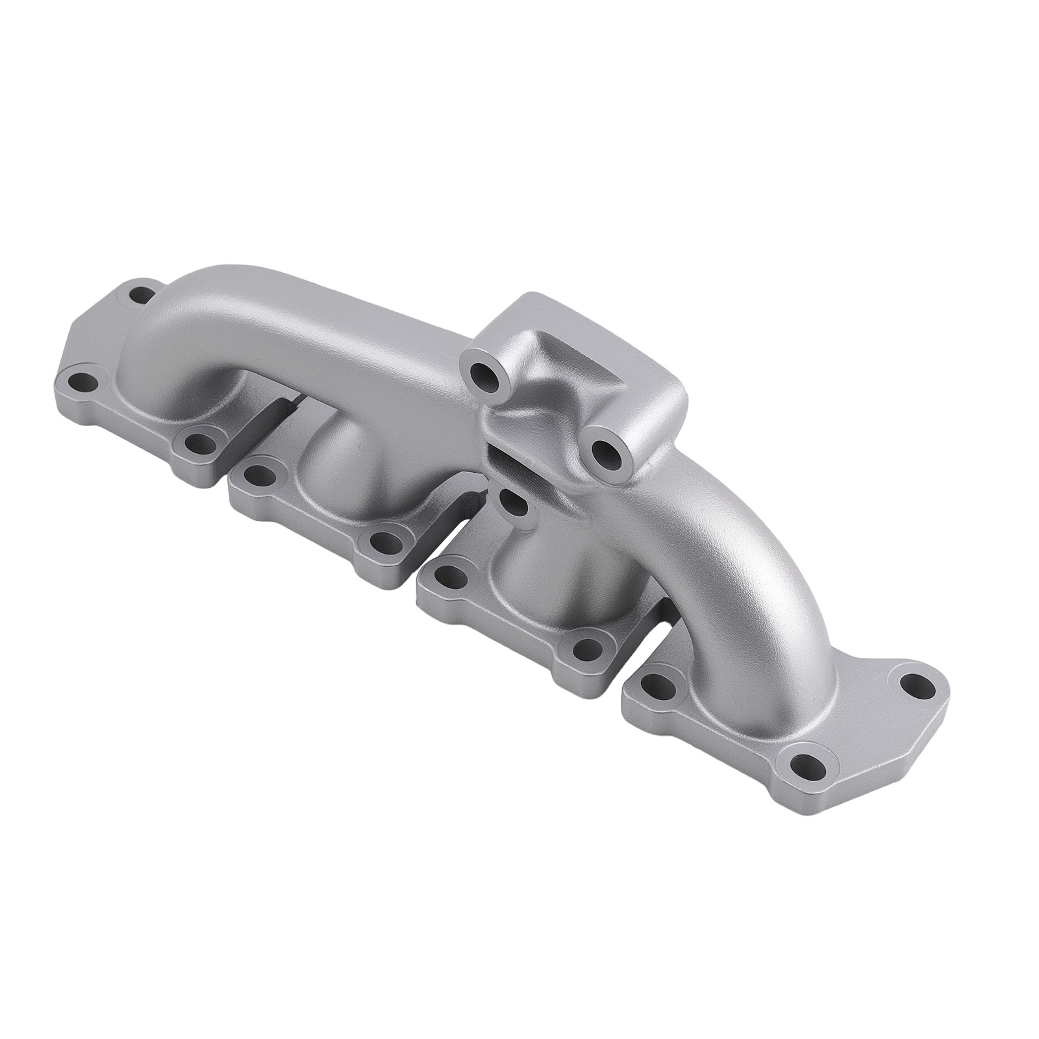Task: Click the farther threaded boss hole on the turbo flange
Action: [484, 372]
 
